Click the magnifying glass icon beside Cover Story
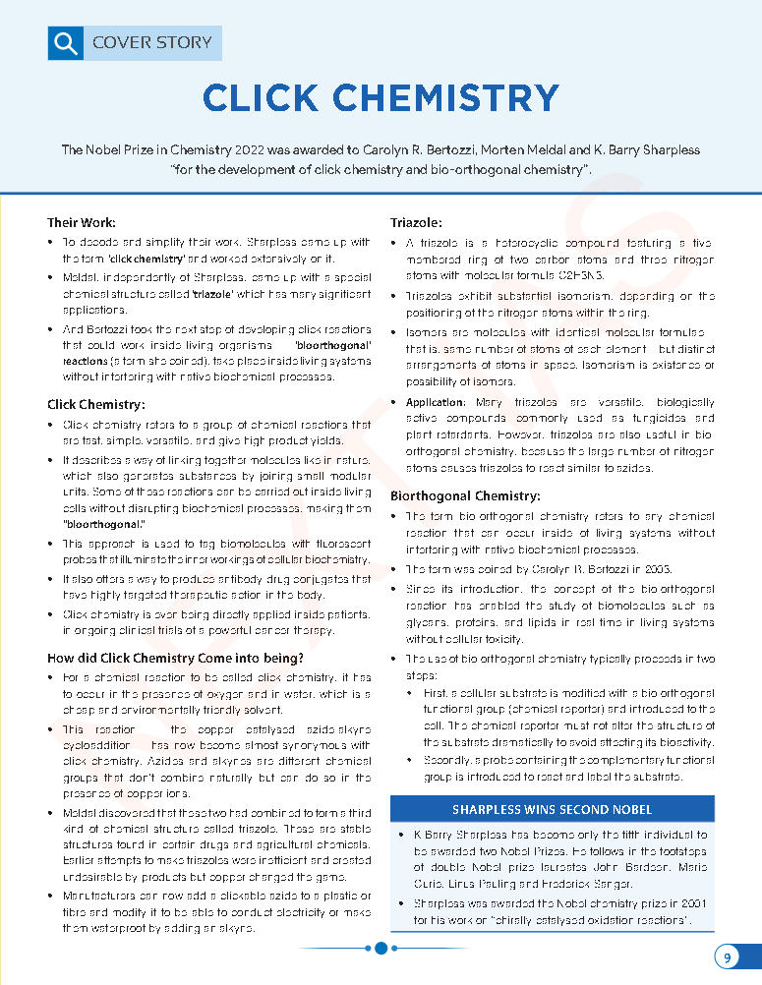(65, 43)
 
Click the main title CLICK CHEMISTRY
(381, 98)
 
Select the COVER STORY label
(151, 42)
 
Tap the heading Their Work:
(82, 222)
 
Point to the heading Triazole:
(416, 222)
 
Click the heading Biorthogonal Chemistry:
(465, 495)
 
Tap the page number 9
(727, 957)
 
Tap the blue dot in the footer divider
(381, 949)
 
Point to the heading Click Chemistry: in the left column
(96, 404)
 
